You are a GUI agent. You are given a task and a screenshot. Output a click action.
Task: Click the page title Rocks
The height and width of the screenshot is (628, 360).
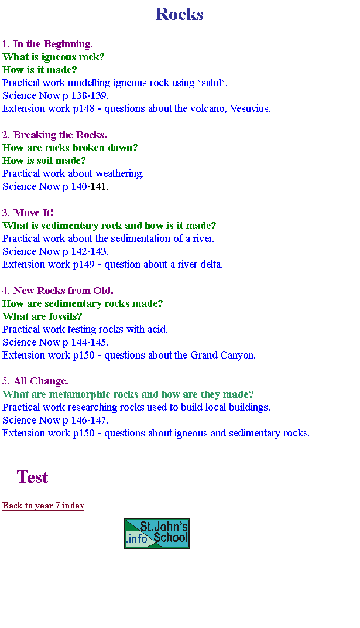[180, 14]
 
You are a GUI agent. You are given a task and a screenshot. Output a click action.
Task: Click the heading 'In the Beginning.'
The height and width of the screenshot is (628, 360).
[53, 44]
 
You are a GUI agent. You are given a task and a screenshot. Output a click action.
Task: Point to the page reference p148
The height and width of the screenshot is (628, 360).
[84, 109]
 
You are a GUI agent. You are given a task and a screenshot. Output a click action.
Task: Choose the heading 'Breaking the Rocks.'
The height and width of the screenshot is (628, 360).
[60, 135]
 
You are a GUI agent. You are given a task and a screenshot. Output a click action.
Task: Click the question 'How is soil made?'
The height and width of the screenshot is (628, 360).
[44, 161]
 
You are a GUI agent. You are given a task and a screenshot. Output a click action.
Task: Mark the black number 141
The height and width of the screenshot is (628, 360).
[99, 187]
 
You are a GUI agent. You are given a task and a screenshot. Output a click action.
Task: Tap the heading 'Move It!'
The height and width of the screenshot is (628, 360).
[33, 213]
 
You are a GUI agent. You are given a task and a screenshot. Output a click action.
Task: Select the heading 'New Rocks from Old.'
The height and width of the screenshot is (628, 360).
[63, 291]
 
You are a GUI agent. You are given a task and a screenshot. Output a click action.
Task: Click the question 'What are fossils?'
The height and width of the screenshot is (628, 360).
[42, 316]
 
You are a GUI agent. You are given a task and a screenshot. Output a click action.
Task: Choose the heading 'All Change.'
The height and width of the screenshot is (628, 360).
[41, 381]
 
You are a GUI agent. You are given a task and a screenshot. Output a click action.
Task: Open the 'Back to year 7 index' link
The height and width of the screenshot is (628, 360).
[43, 506]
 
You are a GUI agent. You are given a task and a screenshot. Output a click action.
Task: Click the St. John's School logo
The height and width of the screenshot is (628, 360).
[157, 534]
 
